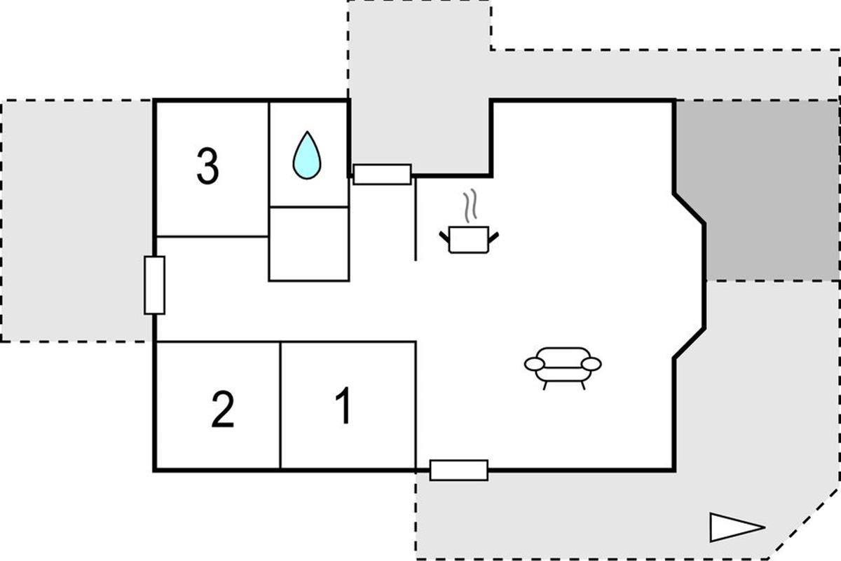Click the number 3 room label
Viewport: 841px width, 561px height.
point(207,166)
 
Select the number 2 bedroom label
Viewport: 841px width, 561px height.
point(223,410)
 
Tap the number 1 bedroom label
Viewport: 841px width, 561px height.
point(343,405)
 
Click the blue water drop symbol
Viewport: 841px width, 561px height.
point(307,155)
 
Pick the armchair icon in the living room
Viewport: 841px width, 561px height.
point(563,368)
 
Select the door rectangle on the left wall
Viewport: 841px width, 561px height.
point(154,285)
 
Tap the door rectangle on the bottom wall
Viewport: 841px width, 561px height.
point(459,470)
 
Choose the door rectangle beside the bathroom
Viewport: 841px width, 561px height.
point(382,175)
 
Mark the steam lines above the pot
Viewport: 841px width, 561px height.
point(470,205)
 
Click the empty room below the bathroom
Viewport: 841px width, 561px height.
point(309,244)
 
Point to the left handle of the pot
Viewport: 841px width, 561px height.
point(444,238)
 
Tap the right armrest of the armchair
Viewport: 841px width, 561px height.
point(592,364)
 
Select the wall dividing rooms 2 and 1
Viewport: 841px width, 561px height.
point(280,406)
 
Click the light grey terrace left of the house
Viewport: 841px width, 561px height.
point(76,221)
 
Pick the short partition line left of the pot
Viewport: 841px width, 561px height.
point(415,219)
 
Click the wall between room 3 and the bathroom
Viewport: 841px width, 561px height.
point(269,169)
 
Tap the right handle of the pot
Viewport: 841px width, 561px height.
point(493,238)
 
